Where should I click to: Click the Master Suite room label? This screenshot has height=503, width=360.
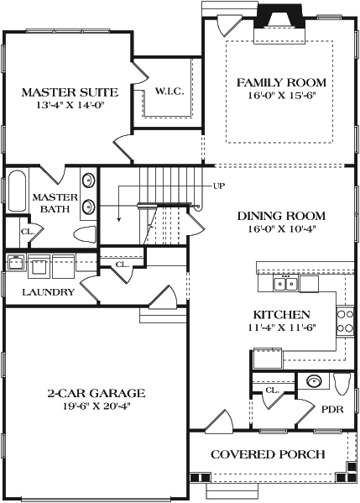tap(69, 92)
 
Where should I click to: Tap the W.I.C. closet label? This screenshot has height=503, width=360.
tap(170, 91)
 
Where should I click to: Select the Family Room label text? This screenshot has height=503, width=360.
tap(280, 82)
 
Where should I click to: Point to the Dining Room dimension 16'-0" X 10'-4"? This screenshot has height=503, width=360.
tap(281, 228)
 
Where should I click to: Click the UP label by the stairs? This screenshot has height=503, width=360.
tap(219, 186)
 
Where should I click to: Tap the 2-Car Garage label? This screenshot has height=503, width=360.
tap(96, 393)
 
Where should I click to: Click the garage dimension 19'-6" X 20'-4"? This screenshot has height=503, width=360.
tap(96, 406)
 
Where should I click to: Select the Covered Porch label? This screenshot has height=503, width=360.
tap(268, 454)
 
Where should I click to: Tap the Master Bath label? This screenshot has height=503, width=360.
tap(55, 203)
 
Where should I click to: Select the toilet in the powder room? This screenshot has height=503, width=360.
tap(342, 384)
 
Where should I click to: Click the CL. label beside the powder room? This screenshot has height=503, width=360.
tap(273, 390)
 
